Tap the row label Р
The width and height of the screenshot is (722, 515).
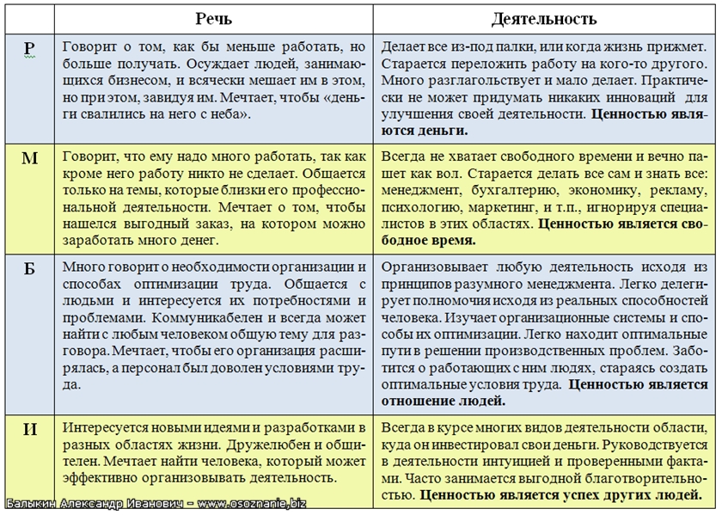(28, 49)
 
